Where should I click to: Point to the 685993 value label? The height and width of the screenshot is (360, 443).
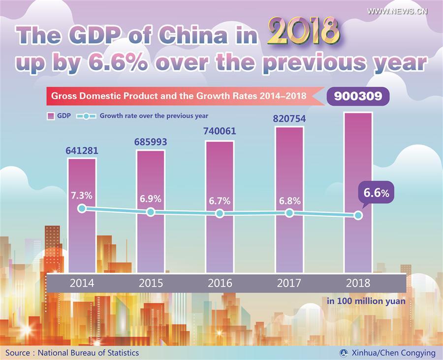(x=151, y=142)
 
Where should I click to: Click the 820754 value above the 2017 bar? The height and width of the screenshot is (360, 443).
(x=289, y=118)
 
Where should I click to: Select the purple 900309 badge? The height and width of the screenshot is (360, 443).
(x=358, y=96)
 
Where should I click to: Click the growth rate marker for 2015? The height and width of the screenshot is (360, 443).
(x=151, y=212)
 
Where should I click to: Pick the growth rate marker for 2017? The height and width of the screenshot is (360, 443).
(x=289, y=213)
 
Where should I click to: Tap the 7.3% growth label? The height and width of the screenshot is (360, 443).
(x=82, y=195)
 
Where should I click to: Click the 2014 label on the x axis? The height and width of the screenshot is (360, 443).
(x=82, y=284)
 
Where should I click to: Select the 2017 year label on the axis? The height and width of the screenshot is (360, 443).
(x=289, y=284)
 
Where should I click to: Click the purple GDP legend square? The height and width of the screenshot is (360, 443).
(x=50, y=116)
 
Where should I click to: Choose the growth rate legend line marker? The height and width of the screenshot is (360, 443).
(x=86, y=116)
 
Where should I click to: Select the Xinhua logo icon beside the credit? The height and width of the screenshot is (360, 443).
(x=344, y=353)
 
